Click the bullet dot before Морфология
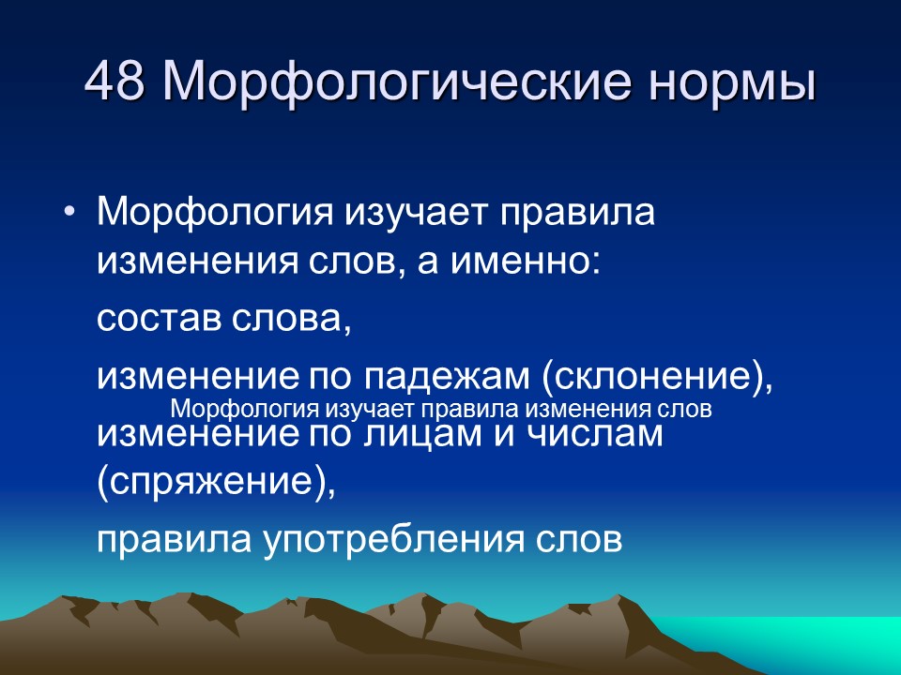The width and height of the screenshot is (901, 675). [x=69, y=211]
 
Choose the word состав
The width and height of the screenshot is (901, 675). [x=160, y=319]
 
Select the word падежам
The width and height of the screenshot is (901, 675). [x=446, y=377]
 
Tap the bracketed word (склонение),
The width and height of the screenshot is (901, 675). [x=657, y=377]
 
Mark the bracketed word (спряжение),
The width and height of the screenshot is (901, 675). [x=216, y=481]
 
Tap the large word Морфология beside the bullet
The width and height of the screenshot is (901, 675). [x=216, y=212]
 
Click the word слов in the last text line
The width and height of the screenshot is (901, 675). [x=579, y=540]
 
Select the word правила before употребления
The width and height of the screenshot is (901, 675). [x=175, y=540]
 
